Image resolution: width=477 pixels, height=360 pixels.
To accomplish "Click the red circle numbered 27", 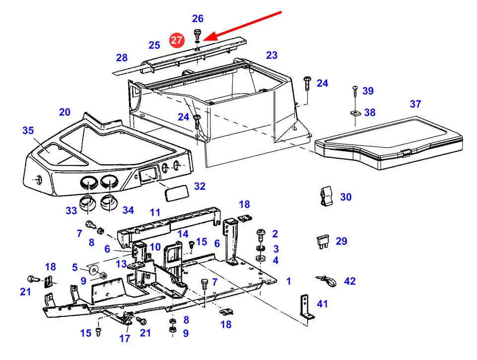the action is pyautogui.click(x=176, y=40).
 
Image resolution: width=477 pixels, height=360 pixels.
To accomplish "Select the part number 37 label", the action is pyautogui.click(x=415, y=104).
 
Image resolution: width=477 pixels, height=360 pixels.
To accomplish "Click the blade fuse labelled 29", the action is pyautogui.click(x=323, y=241).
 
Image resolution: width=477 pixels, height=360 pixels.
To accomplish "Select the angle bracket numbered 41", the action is pyautogui.click(x=306, y=307).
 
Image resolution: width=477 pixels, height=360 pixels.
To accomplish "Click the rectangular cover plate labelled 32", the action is pyautogui.click(x=177, y=192).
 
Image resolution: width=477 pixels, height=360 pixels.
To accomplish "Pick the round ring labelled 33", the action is pyautogui.click(x=88, y=203).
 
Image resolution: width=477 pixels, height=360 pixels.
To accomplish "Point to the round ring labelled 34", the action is pyautogui.click(x=109, y=203).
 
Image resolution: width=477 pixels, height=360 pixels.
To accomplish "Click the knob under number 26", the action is pyautogui.click(x=198, y=33).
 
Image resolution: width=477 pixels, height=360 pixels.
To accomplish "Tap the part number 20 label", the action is pyautogui.click(x=65, y=112).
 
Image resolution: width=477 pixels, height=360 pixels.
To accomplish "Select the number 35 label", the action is pyautogui.click(x=28, y=130).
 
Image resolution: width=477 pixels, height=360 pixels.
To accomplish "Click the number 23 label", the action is pyautogui.click(x=272, y=55).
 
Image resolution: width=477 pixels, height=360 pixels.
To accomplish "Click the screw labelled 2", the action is pyautogui.click(x=261, y=236).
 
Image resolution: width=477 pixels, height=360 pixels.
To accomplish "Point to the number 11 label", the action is pyautogui.click(x=155, y=212).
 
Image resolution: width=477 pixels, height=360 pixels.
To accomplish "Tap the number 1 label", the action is pyautogui.click(x=289, y=281).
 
